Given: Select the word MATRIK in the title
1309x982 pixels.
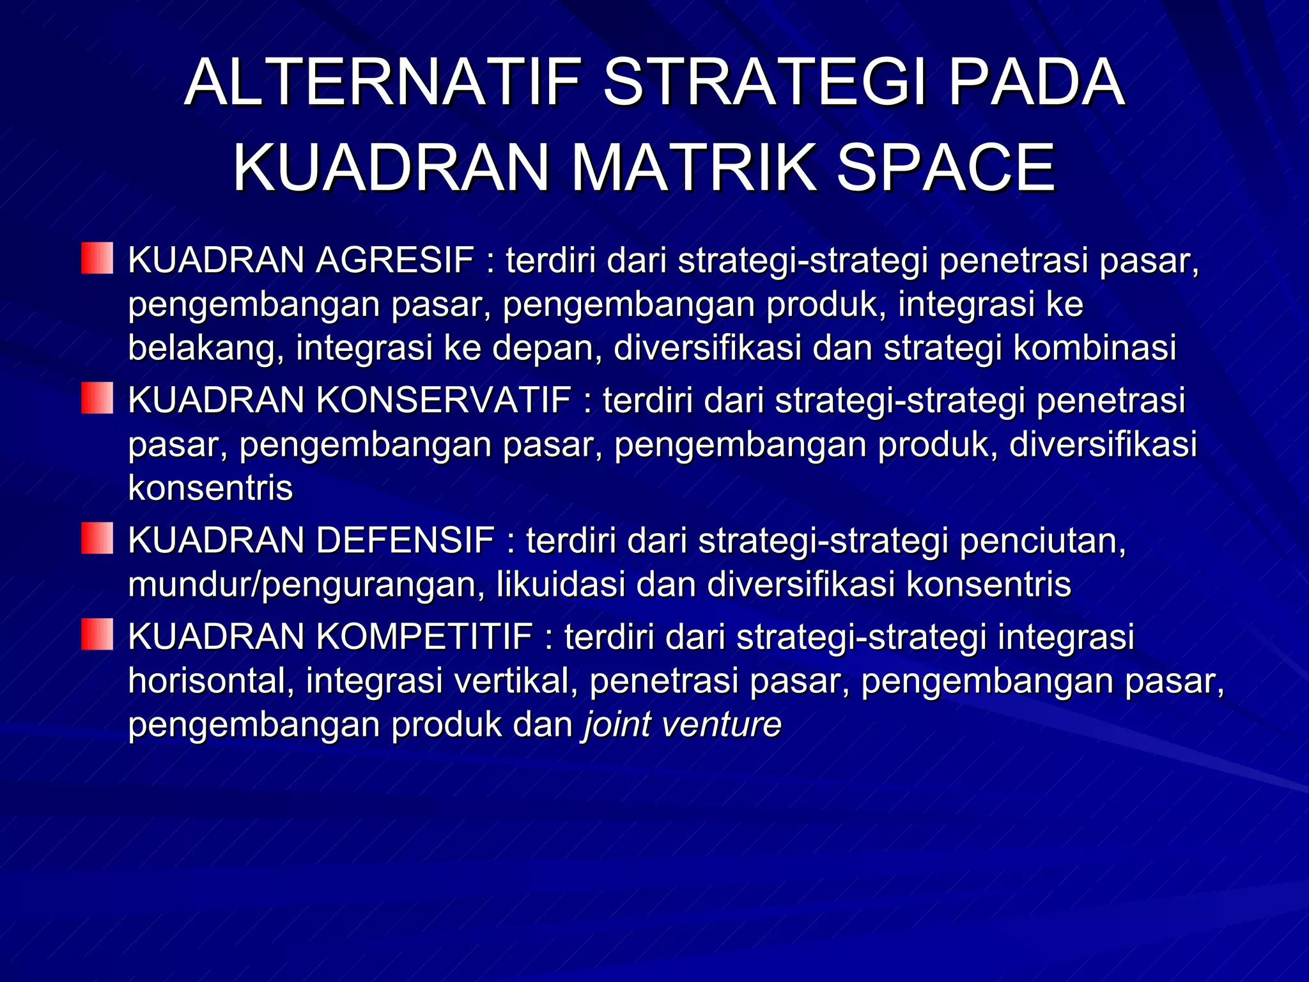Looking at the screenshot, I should (693, 168).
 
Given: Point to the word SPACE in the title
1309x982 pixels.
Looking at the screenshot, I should (946, 168).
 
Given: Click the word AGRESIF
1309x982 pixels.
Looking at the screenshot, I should (394, 260).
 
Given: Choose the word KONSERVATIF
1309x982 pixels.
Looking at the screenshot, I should (444, 401).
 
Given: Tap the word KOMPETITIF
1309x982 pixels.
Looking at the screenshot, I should (424, 637).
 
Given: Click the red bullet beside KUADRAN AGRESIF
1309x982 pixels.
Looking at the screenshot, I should (97, 258).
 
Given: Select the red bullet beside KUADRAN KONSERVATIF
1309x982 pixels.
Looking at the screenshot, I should (97, 398).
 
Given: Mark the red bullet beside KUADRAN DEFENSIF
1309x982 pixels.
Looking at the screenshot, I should (97, 538).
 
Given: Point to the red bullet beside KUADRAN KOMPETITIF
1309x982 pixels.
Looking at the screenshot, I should (97, 634).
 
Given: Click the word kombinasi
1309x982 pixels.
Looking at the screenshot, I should (1095, 348).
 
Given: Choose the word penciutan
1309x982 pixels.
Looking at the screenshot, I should (1042, 541).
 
